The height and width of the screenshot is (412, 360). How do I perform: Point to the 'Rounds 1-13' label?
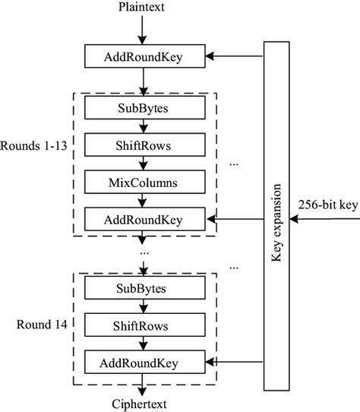pos(34,144)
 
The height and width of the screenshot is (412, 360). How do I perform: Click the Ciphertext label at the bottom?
pos(141,404)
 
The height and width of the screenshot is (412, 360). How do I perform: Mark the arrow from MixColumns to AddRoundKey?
pos(142,201)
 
